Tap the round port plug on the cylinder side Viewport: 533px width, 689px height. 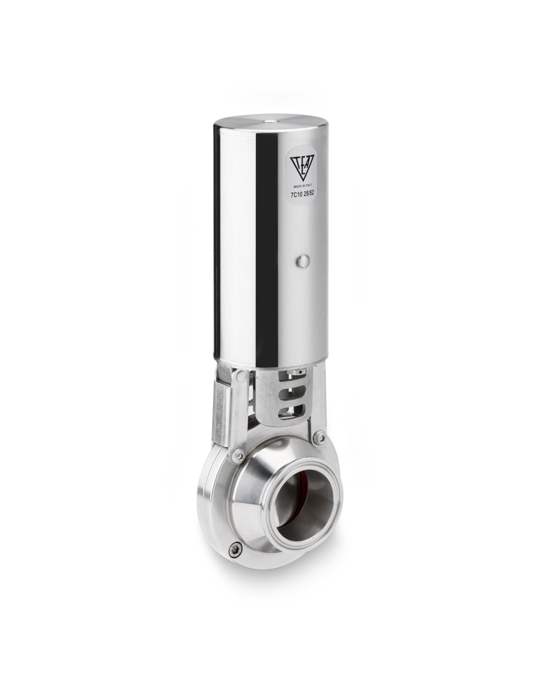301,261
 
